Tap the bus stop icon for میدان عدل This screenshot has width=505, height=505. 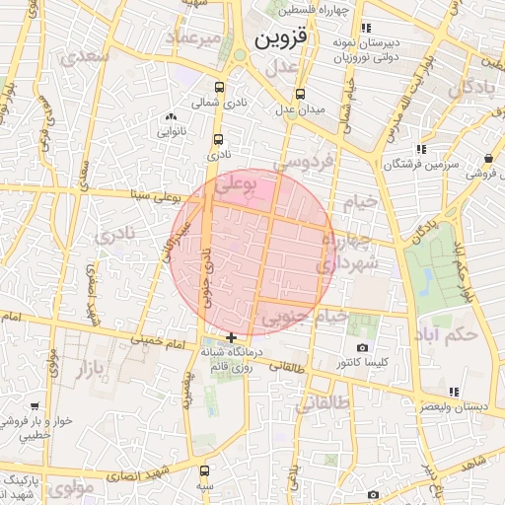[300, 95]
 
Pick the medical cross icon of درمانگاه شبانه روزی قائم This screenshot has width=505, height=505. [231, 338]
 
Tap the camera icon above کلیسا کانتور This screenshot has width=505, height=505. [362, 348]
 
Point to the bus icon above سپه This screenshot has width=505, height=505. [204, 471]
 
